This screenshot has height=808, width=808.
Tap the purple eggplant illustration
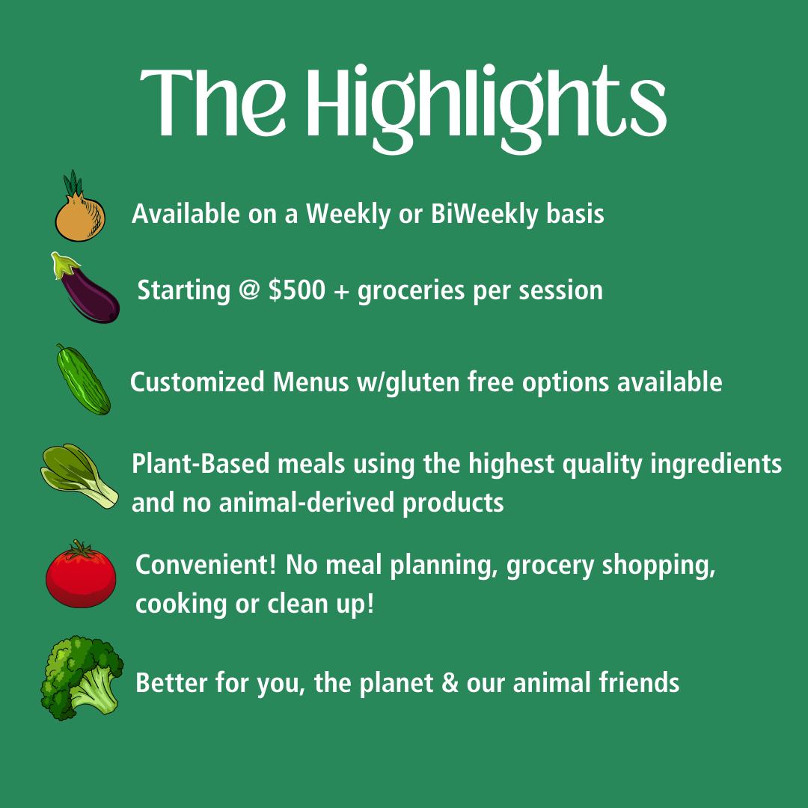tap(88, 291)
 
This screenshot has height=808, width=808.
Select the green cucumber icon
tap(83, 380)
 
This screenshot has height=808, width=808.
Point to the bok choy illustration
tap(79, 476)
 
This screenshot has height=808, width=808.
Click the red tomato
tap(81, 575)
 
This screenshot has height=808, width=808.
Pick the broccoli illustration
tap(82, 678)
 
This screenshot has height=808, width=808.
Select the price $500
tap(297, 290)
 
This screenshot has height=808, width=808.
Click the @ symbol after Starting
tap(249, 290)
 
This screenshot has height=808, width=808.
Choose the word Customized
tap(197, 383)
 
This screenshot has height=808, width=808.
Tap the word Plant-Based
tap(201, 463)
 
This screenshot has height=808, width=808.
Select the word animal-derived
tap(307, 503)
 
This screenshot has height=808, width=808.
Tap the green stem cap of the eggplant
tap(63, 264)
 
